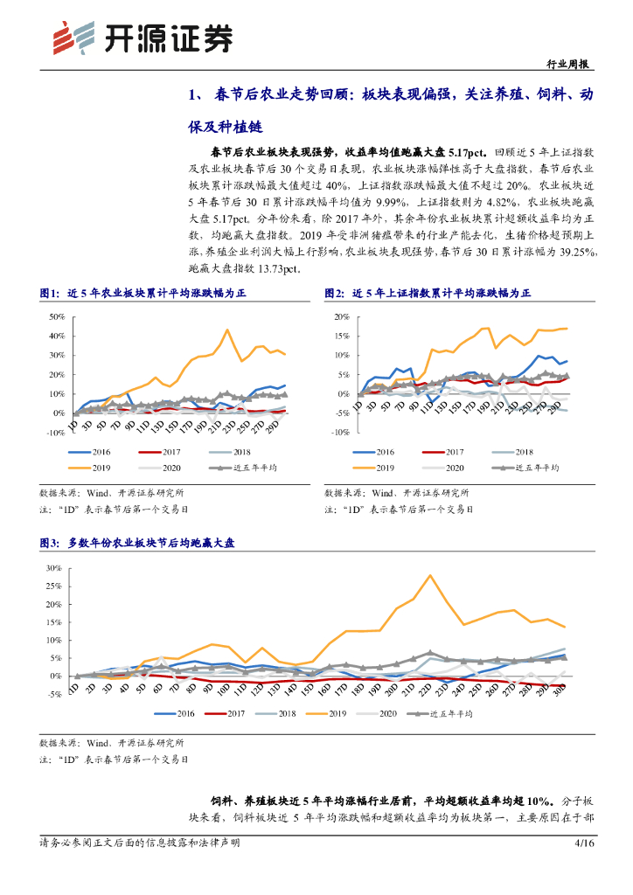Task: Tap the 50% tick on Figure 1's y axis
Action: pyautogui.click(x=56, y=317)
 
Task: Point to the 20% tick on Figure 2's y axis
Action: pyautogui.click(x=342, y=317)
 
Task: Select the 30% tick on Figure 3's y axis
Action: pyautogui.click(x=54, y=569)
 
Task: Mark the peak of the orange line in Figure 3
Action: pyautogui.click(x=429, y=575)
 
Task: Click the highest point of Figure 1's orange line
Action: pyautogui.click(x=227, y=330)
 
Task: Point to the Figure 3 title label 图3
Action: pyautogui.click(x=49, y=544)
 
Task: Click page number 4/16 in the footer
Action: pyautogui.click(x=583, y=843)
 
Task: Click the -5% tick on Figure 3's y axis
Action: pyautogui.click(x=54, y=694)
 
